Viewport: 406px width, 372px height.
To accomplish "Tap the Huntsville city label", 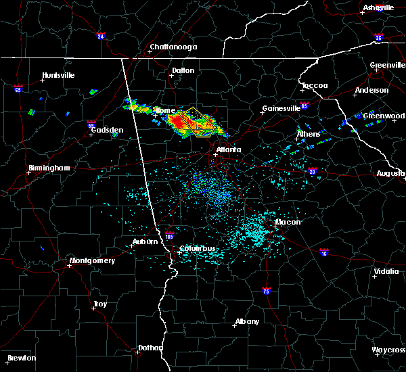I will coord(58,75).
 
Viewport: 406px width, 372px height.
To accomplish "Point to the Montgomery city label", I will coord(93,260).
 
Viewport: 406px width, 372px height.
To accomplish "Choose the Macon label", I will coord(288,222).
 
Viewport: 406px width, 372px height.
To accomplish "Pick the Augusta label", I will coord(391,173).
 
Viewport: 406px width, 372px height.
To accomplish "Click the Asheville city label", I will coord(378,7).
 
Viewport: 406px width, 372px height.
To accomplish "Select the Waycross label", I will coord(389,350).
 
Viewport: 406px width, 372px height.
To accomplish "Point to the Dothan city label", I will coord(150,348).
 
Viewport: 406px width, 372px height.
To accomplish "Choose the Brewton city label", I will coord(22,358).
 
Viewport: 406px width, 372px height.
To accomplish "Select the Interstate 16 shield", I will coord(324,253).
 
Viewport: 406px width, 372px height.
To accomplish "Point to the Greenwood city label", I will coord(384,116).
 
